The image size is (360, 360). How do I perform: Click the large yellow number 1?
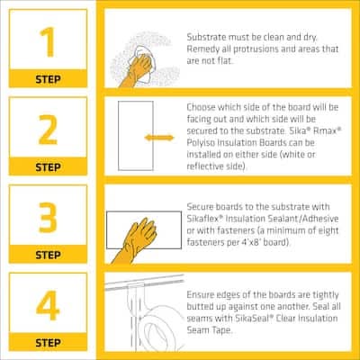(x=48, y=41)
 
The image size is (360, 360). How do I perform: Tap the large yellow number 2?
(x=48, y=130)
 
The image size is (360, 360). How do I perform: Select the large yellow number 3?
(x=48, y=218)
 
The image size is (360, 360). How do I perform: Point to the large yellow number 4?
(x=48, y=305)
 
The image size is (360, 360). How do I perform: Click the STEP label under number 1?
(x=48, y=79)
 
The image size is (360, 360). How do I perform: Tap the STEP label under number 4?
(x=48, y=343)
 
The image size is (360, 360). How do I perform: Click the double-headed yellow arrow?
(x=159, y=138)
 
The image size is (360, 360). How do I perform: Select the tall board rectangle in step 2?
(x=136, y=136)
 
